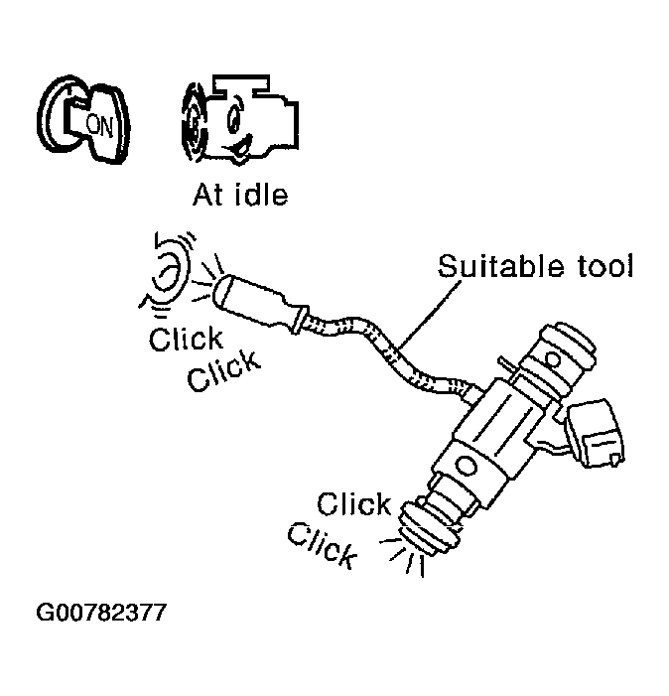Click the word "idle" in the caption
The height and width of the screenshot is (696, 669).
click(257, 195)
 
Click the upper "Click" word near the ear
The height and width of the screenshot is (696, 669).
click(186, 340)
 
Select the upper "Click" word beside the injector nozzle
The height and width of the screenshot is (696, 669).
click(354, 503)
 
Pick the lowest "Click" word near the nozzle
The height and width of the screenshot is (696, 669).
click(322, 544)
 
